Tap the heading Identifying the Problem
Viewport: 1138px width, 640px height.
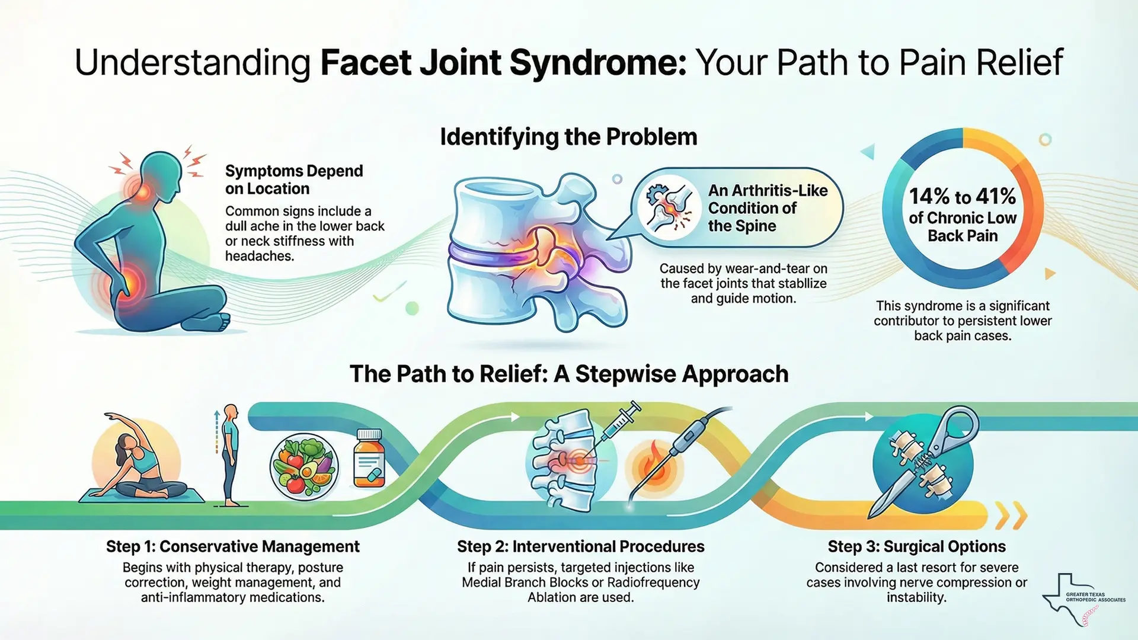pos(568,137)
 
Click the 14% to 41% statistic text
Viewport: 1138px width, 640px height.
pos(962,196)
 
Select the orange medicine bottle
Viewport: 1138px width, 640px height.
pos(369,459)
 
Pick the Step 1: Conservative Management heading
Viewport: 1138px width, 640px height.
pos(232,546)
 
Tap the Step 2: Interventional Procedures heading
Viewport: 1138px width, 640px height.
pos(580,546)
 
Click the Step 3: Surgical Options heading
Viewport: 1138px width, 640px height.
pos(916,546)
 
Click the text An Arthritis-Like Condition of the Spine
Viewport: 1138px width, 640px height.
pos(767,208)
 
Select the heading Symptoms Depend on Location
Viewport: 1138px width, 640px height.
pos(293,180)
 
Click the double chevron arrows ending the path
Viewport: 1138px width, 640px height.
pos(1011,516)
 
